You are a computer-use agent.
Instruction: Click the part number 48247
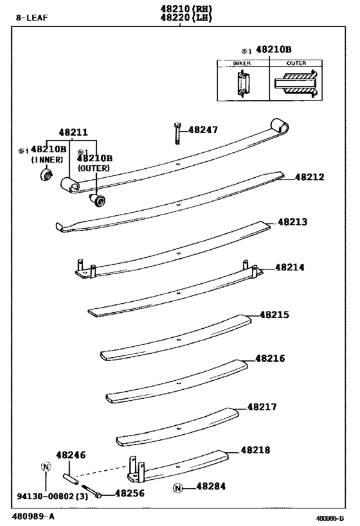[x=204, y=130]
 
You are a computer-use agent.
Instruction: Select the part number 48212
[x=310, y=177]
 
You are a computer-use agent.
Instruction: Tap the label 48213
[x=292, y=222]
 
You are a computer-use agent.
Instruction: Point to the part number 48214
[x=290, y=267]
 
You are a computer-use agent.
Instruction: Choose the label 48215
[x=274, y=315]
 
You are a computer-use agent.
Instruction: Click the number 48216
[x=270, y=358]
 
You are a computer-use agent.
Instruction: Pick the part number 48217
[x=262, y=407]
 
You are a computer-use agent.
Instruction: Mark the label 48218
[x=256, y=450]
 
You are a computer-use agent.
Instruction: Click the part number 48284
[x=211, y=487]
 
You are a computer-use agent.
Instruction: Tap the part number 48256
[x=129, y=494]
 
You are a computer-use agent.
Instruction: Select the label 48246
[x=70, y=455]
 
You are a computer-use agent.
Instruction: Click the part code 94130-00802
[x=44, y=496]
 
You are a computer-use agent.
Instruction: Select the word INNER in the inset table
[x=242, y=64]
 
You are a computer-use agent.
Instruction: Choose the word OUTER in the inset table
[x=296, y=64]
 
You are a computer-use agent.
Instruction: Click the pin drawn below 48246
[x=71, y=478]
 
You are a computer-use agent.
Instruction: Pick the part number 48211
[x=74, y=132]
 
